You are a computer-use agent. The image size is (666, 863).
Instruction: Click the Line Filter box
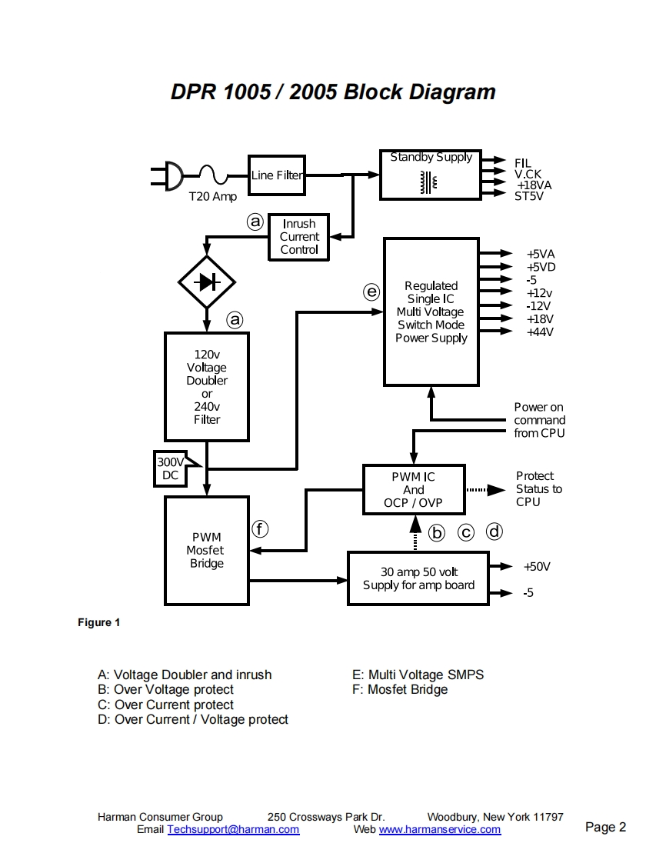click(276, 175)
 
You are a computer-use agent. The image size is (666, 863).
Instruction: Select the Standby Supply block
click(430, 175)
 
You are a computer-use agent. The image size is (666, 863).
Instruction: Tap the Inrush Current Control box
click(299, 237)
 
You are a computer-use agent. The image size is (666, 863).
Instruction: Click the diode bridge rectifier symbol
click(206, 282)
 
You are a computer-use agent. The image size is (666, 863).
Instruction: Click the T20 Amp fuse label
click(213, 197)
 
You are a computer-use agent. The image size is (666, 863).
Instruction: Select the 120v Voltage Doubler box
click(207, 386)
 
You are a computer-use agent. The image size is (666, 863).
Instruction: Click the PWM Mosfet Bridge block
click(206, 550)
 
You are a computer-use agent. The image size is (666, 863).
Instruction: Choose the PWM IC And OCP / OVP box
click(414, 490)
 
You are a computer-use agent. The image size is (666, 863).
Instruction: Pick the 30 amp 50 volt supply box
click(418, 578)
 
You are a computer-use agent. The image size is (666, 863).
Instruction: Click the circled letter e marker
click(371, 292)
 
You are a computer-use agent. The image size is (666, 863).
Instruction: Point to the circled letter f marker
click(261, 528)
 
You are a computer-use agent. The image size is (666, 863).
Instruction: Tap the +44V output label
click(540, 332)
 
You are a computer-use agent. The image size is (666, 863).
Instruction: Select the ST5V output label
click(528, 195)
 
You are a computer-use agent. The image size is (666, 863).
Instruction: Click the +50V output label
click(537, 567)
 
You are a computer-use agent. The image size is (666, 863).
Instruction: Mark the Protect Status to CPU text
click(538, 489)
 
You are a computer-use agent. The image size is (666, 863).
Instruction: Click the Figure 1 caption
click(98, 622)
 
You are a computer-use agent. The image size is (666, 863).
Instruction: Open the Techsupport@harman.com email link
click(233, 830)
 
